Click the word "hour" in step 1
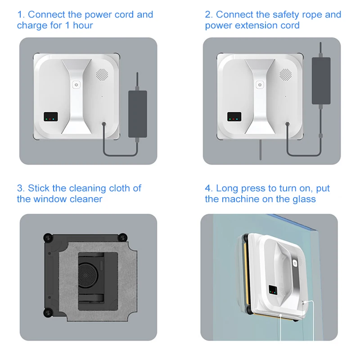coord(83,26)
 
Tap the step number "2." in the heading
coord(209,15)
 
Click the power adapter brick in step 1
coord(138,114)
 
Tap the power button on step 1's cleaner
coord(76,84)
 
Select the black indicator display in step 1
coord(50,116)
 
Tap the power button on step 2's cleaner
coord(259,84)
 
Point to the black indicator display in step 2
coord(234,116)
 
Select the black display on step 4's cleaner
coord(273,290)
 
